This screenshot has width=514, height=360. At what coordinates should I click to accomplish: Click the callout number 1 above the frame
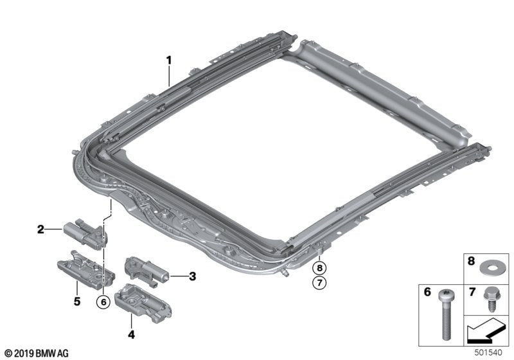pyautogui.click(x=169, y=61)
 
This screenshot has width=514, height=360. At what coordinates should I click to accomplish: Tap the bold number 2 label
pyautogui.click(x=40, y=229)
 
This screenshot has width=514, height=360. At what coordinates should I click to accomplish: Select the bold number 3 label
pyautogui.click(x=192, y=277)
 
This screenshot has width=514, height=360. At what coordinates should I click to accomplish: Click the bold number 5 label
pyautogui.click(x=76, y=300)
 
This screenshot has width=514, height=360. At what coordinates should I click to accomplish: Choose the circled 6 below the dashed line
pyautogui.click(x=103, y=301)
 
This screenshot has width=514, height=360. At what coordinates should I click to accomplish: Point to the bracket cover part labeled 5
pyautogui.click(x=87, y=270)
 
